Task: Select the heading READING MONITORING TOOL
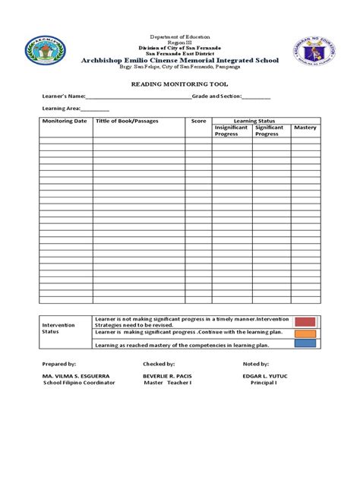click(x=180, y=84)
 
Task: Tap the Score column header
click(x=199, y=122)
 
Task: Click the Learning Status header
click(x=254, y=121)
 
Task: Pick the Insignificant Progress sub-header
click(x=232, y=131)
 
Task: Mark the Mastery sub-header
click(x=305, y=128)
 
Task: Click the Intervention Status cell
click(x=60, y=328)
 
